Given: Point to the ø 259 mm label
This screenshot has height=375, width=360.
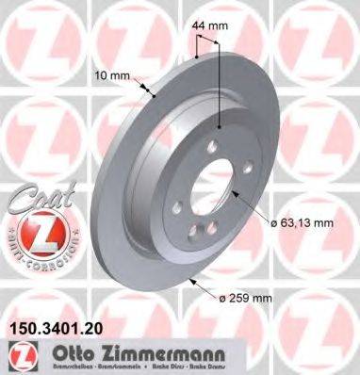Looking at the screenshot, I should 248,300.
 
